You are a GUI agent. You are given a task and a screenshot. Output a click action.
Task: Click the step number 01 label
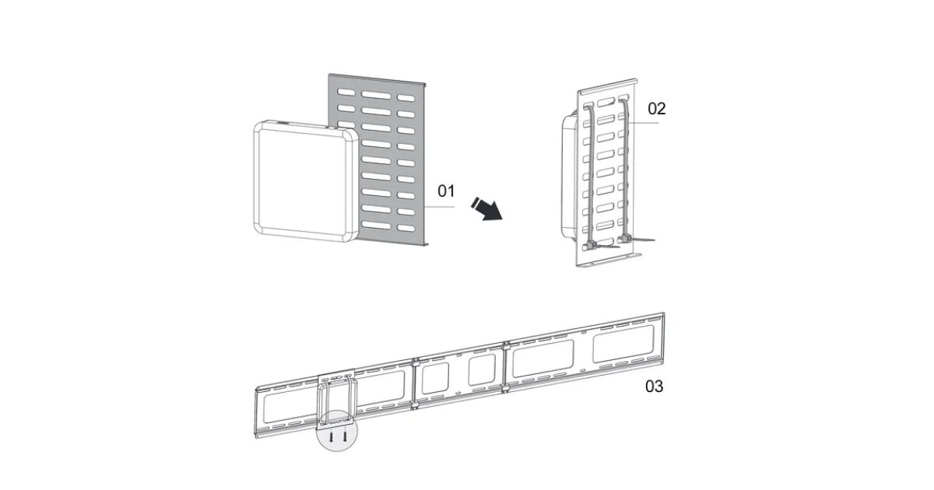(x=446, y=191)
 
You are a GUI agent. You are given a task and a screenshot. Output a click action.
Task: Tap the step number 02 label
(x=657, y=109)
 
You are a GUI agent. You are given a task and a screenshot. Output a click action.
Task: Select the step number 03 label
(x=655, y=387)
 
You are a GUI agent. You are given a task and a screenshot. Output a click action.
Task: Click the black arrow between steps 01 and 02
(x=487, y=208)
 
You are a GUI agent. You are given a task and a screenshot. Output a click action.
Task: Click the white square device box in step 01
(x=306, y=181)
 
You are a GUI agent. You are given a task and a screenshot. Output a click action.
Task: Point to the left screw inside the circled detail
(x=331, y=436)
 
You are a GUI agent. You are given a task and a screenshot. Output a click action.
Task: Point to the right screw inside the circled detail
(x=345, y=436)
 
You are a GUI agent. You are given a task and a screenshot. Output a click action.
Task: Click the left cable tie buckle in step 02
(x=591, y=245)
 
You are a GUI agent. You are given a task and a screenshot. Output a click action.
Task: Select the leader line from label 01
(x=440, y=207)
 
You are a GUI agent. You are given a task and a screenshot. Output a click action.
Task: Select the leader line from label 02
(x=644, y=123)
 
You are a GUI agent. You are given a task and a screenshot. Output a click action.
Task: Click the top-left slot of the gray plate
(x=346, y=92)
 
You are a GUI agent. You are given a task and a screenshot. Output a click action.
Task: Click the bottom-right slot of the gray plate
(x=406, y=229)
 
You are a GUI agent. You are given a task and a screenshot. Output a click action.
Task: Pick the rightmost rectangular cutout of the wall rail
(x=623, y=344)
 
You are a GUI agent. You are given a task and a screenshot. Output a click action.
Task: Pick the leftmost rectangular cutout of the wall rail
(x=289, y=404)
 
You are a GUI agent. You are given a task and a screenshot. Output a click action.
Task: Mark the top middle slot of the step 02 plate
(x=606, y=102)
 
